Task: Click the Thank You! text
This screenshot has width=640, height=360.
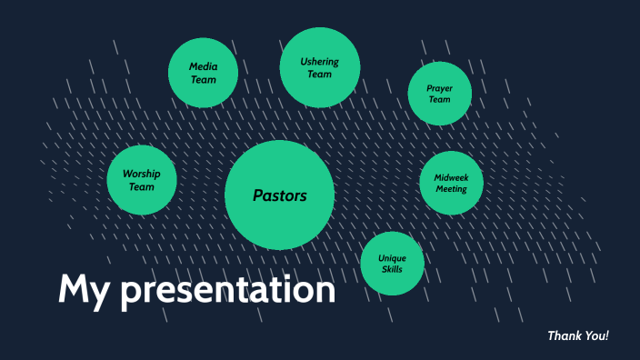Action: point(577,336)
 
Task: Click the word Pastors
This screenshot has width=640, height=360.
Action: point(279,195)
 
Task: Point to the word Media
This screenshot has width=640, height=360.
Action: point(204,66)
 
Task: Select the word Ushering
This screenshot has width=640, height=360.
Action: point(320,62)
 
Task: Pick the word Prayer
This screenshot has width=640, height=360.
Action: point(439,88)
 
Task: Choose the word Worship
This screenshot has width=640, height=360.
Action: point(141,174)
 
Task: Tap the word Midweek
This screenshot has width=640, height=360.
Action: point(451,177)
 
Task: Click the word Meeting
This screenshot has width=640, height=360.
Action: point(451,189)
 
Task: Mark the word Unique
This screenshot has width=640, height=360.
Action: point(393,258)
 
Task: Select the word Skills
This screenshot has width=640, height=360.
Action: point(393,270)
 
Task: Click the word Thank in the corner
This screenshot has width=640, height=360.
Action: point(565,336)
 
